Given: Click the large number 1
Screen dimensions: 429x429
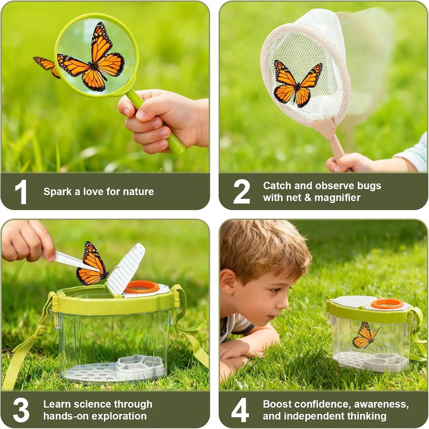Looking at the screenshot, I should click(21, 192).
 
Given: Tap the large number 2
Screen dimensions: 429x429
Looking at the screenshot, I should click(242, 191).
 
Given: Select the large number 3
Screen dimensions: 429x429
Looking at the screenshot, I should click(21, 410).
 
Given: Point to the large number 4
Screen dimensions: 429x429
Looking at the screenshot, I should click(240, 410).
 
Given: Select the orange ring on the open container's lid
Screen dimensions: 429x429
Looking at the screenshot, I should click(142, 287).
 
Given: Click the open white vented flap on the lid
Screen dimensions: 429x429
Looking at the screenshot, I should click(125, 270).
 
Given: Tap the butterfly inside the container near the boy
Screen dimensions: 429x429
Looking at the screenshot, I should click(365, 336).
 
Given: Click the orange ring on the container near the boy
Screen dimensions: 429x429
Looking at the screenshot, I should click(387, 304).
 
